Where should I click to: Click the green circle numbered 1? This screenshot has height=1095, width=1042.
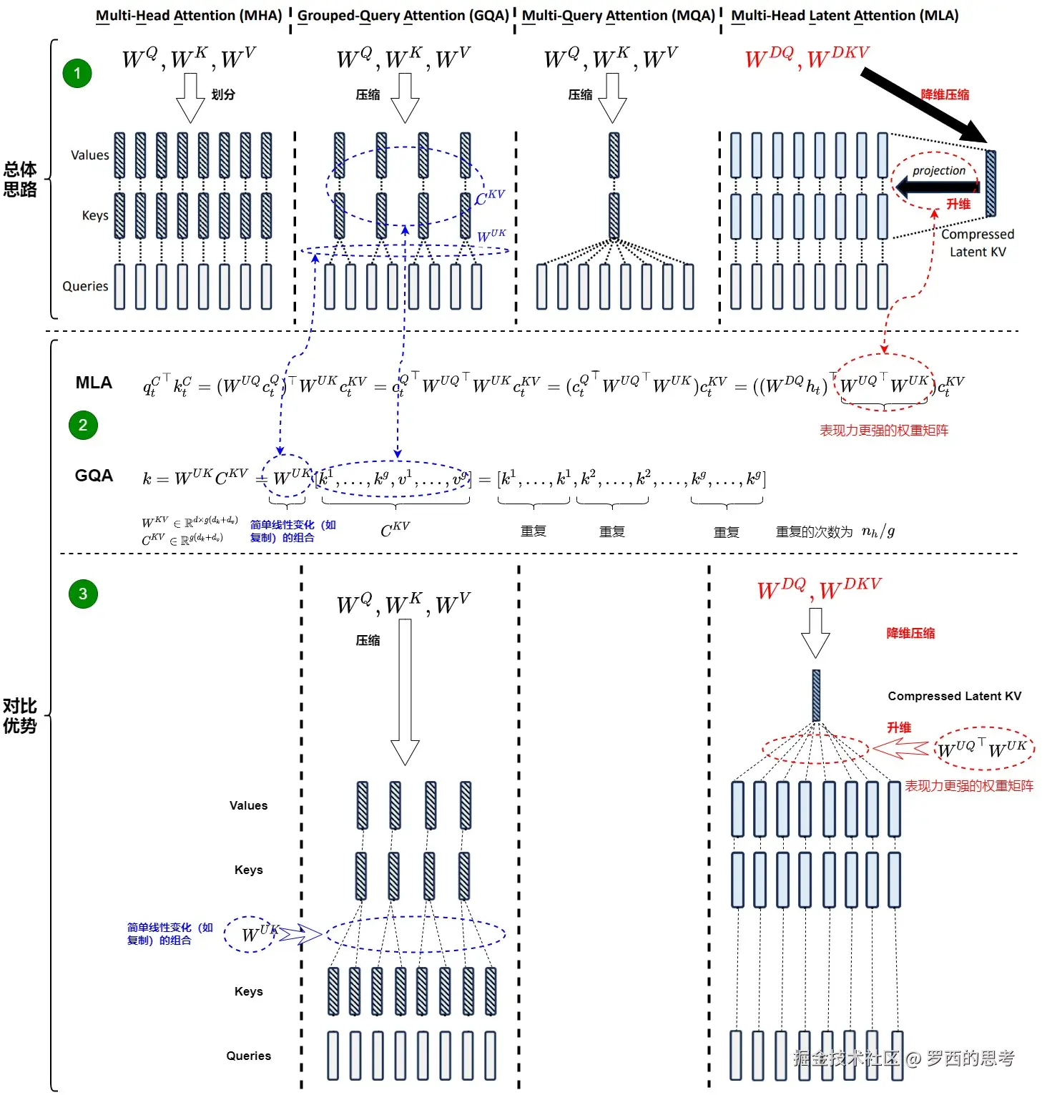[x=77, y=73]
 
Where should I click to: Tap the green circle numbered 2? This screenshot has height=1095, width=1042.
[x=83, y=426]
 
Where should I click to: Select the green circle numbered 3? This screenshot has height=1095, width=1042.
[x=83, y=594]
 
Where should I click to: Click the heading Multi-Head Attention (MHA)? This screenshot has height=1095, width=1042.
[x=189, y=16]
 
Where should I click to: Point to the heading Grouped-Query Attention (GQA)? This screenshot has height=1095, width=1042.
[x=403, y=16]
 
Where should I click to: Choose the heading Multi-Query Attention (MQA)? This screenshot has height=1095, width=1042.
[x=619, y=16]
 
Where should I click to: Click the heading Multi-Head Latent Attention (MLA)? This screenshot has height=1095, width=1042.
[x=845, y=16]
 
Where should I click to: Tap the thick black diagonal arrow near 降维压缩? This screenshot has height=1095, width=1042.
[x=923, y=104]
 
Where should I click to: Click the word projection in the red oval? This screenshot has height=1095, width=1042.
[x=938, y=171]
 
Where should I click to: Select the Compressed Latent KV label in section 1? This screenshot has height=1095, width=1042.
[x=977, y=243]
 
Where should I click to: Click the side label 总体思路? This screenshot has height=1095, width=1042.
[x=20, y=179]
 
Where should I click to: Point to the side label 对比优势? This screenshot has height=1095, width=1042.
[x=20, y=716]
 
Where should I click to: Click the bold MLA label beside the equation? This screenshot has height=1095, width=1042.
[x=94, y=383]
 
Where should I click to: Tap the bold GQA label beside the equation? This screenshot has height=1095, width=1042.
[x=94, y=476]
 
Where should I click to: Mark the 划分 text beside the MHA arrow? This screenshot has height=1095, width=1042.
[x=223, y=94]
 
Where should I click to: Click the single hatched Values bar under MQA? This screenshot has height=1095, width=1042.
[x=614, y=155]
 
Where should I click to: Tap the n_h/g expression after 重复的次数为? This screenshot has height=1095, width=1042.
[x=878, y=531]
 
